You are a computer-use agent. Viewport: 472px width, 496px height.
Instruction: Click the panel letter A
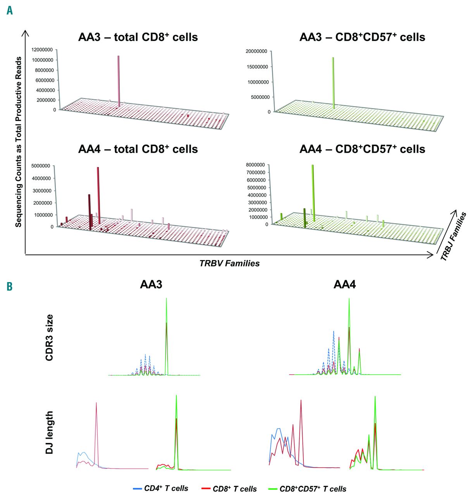(10, 10)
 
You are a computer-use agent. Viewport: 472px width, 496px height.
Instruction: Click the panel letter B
(10, 286)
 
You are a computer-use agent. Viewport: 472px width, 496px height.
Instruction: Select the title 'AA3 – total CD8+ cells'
(138, 37)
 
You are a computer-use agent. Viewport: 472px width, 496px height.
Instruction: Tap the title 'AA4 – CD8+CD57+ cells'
(362, 149)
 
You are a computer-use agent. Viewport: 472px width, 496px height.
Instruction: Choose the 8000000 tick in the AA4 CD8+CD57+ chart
(257, 165)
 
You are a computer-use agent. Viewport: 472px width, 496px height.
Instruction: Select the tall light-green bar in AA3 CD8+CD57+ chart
(333, 83)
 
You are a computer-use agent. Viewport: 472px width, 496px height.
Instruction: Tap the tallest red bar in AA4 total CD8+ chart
(98, 195)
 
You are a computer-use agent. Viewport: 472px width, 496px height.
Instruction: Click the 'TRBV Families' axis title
(229, 263)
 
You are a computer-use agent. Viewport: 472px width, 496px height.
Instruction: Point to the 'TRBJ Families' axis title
(453, 236)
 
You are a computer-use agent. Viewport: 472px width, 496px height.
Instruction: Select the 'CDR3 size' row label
(50, 338)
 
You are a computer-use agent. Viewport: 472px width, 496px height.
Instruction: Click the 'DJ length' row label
(50, 432)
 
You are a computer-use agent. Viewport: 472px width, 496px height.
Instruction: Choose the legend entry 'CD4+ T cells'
(166, 489)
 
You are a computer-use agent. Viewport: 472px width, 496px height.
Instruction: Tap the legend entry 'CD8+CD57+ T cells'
(313, 489)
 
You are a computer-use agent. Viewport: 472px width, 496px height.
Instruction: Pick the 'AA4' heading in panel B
(345, 285)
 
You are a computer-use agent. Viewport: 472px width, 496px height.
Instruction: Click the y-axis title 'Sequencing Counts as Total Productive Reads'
(18, 141)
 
